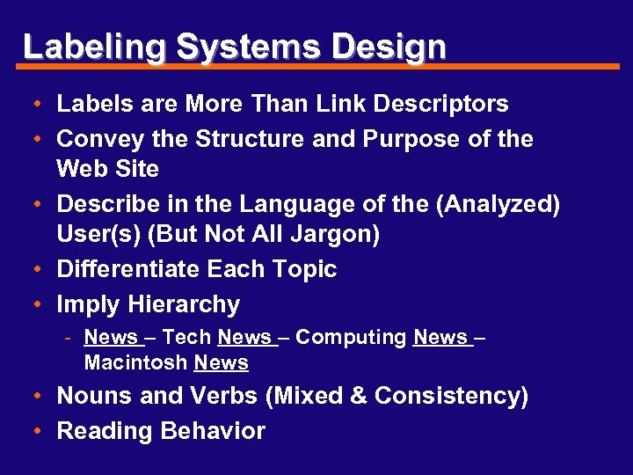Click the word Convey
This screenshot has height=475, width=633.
(x=96, y=140)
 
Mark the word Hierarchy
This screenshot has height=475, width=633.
(x=183, y=305)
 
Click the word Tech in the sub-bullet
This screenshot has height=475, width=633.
(x=186, y=337)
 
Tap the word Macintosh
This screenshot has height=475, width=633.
(x=136, y=362)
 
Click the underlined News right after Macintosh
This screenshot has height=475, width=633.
(x=222, y=362)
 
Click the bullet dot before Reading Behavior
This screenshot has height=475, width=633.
(x=40, y=432)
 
